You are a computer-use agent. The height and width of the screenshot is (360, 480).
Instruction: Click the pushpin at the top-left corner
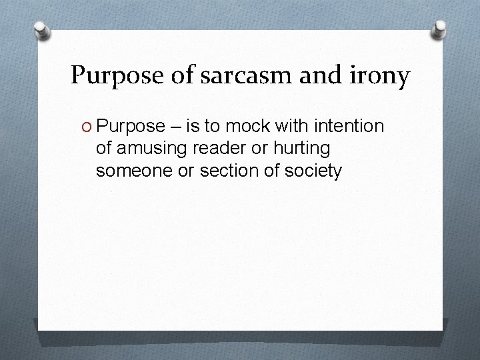[41, 31]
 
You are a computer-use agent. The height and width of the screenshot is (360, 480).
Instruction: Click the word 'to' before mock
[215, 126]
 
